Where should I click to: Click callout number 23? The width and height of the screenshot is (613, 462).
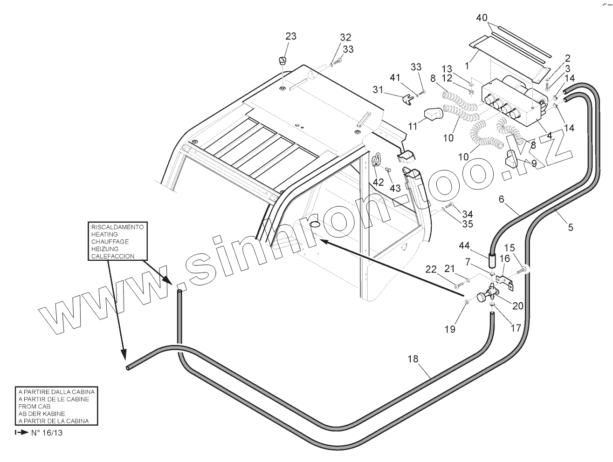pos(291,37)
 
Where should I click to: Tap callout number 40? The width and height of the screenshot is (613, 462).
pos(482,18)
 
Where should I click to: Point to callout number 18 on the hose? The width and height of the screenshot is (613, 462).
pos(413,359)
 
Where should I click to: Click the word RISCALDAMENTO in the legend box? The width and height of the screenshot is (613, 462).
pos(117,227)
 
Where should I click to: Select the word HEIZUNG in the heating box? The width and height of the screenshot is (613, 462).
pos(104,249)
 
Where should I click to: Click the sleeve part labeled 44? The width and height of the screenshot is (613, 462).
pos(492,259)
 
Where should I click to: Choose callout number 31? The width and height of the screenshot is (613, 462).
pos(378,89)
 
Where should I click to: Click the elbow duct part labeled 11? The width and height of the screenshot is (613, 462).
pos(432,115)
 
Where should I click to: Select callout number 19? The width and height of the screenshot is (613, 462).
pos(449,329)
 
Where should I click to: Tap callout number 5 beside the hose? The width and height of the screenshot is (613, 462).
pos(571,228)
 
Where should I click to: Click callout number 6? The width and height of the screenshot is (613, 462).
pos(502,199)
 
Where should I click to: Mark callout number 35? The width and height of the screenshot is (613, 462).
pos(468,224)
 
